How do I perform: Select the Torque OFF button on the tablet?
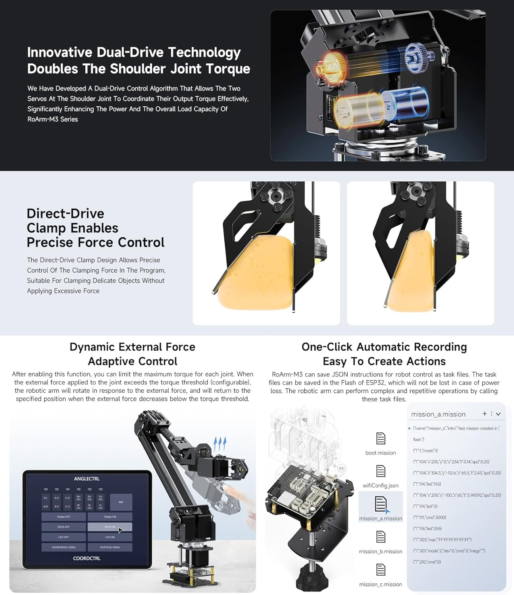point(64,517)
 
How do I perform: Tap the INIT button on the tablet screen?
point(121,502)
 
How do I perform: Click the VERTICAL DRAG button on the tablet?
point(110,547)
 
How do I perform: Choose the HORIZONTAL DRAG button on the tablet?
point(64,547)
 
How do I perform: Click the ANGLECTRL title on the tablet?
point(87,479)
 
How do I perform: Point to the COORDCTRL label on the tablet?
point(87,559)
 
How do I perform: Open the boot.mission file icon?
point(381,439)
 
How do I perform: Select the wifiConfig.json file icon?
point(381,471)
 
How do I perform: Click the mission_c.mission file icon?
point(381,570)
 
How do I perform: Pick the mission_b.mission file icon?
point(381,537)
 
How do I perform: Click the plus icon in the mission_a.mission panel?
point(485,414)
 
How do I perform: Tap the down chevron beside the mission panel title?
point(499,414)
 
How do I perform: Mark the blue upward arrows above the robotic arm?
point(220,444)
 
